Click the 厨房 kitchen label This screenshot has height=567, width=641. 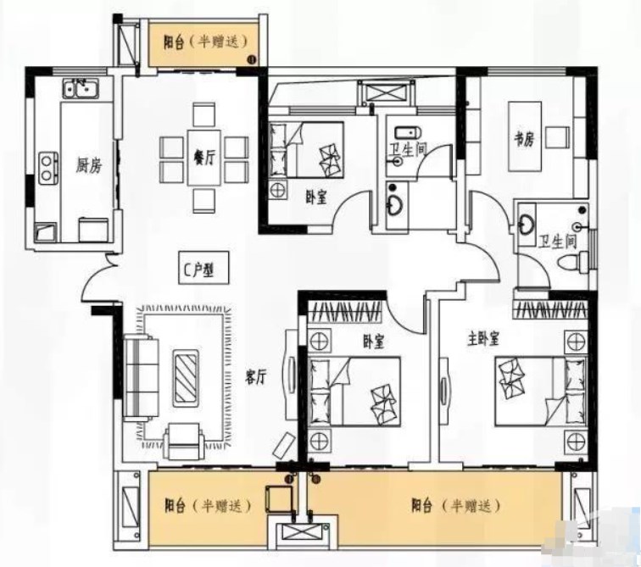(89, 165)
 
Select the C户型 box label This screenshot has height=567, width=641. (203, 268)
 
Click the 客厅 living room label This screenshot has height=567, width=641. (256, 376)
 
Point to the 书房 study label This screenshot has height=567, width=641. (524, 139)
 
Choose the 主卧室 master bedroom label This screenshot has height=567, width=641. (483, 339)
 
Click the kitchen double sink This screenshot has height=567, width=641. (81, 88)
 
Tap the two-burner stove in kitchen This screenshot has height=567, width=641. (48, 168)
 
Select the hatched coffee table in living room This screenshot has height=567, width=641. (186, 378)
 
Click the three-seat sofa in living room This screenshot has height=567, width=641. (141, 377)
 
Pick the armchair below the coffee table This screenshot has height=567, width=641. (183, 441)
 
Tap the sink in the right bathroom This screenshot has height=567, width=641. (527, 224)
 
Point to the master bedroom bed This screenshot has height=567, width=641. (540, 391)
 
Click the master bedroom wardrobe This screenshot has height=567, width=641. (550, 309)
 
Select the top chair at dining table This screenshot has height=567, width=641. (204, 114)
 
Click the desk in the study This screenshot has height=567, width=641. (525, 136)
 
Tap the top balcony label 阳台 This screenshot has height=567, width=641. (173, 42)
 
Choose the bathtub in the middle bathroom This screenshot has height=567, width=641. (408, 133)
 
